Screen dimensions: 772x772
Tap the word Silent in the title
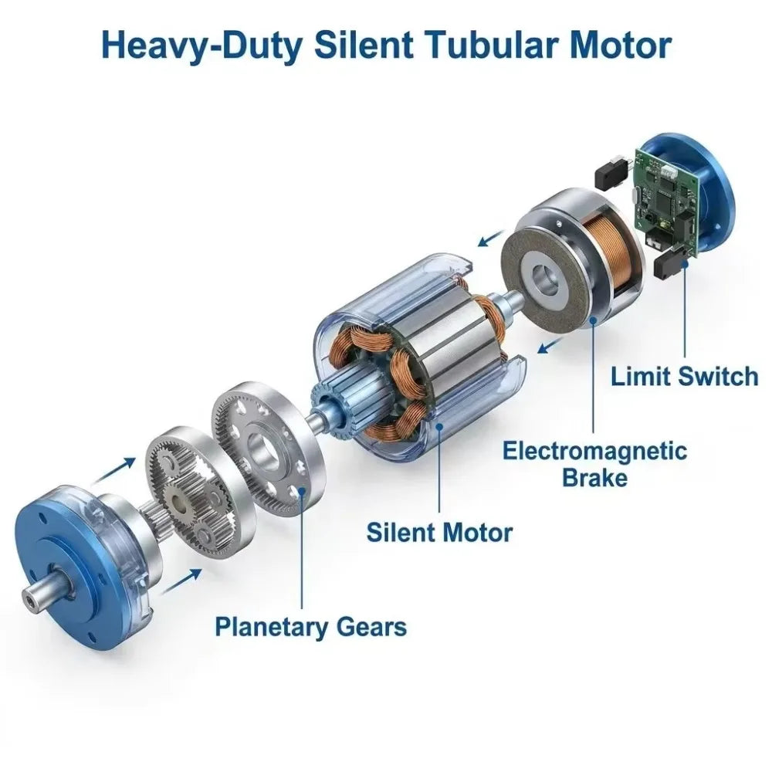[362, 46]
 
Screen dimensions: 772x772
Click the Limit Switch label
[684, 376]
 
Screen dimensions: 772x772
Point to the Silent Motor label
[439, 532]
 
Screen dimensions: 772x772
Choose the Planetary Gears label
[310, 627]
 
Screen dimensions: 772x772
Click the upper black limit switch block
[612, 171]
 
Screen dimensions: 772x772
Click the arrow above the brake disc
[492, 239]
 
